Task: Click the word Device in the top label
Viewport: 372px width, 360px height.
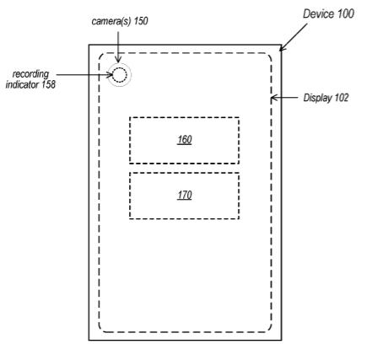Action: click(x=318, y=13)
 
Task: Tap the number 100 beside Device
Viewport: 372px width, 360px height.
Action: click(x=345, y=13)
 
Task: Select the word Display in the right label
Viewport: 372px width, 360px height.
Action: click(x=317, y=98)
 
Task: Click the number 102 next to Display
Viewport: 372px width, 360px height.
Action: click(x=342, y=98)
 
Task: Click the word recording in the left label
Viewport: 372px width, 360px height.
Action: click(x=30, y=74)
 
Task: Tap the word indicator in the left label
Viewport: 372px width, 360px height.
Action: click(x=22, y=84)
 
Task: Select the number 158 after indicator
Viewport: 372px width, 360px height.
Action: click(x=48, y=84)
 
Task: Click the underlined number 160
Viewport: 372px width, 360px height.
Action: click(x=185, y=140)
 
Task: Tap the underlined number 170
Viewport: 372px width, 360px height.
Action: click(x=185, y=195)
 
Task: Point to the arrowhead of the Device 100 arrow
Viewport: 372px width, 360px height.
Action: click(x=283, y=48)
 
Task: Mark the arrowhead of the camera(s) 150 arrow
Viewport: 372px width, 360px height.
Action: click(x=118, y=59)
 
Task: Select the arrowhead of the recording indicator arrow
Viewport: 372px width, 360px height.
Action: click(x=110, y=75)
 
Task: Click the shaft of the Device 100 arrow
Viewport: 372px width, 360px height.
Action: click(x=294, y=37)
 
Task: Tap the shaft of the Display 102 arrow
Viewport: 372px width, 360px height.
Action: click(x=284, y=98)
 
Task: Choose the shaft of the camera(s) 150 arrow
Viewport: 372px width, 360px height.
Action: click(x=118, y=47)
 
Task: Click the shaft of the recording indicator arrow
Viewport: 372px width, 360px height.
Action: click(x=84, y=75)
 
